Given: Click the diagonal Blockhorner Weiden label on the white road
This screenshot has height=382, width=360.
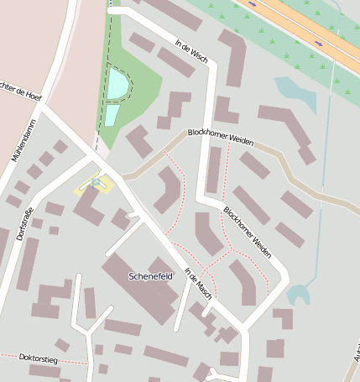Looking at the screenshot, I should [247, 230].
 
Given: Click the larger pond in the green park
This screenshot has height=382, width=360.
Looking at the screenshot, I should [117, 83].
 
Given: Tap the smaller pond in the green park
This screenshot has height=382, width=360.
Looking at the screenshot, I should [112, 115].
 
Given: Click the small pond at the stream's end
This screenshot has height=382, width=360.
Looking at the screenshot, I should [298, 295].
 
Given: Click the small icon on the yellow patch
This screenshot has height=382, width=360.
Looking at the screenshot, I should [97, 182].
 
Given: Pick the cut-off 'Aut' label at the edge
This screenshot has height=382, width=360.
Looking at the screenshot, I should [356, 356].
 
